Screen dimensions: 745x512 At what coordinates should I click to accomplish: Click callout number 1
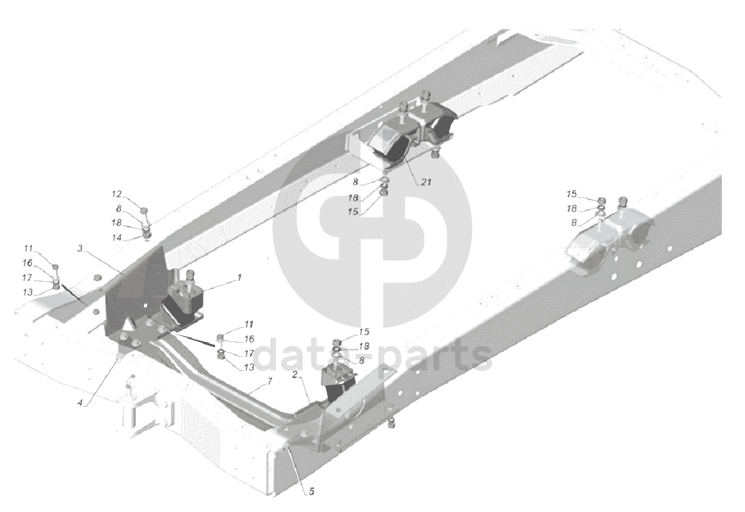239,277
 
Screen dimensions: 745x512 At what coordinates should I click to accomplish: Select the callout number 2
296,376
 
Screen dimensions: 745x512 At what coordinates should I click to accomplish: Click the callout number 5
311,491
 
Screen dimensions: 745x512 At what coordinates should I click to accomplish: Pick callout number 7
269,381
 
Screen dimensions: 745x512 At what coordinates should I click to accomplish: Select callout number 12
117,194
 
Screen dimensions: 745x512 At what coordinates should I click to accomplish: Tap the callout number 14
117,238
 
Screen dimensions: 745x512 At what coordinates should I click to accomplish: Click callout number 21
426,182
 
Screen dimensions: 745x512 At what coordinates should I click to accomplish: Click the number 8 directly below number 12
119,209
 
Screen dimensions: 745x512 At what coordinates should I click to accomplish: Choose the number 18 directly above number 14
117,223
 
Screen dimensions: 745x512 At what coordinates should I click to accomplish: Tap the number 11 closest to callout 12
48,248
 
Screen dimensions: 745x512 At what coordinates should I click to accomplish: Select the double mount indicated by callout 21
413,134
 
